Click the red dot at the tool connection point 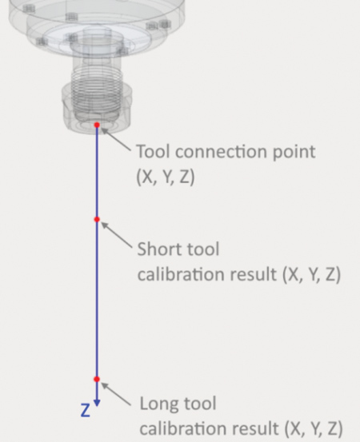click(97, 125)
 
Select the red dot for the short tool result click(97, 219)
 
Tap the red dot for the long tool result click(97, 379)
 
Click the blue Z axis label click(86, 410)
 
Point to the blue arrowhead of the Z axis click(97, 403)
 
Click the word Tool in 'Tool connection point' click(154, 152)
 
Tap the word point click(294, 153)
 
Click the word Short click(160, 249)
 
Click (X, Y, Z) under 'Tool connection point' click(166, 177)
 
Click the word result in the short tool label click(254, 274)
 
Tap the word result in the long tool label click(255, 428)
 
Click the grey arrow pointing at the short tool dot click(117, 235)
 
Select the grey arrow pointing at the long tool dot click(116, 394)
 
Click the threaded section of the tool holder click(98, 93)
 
